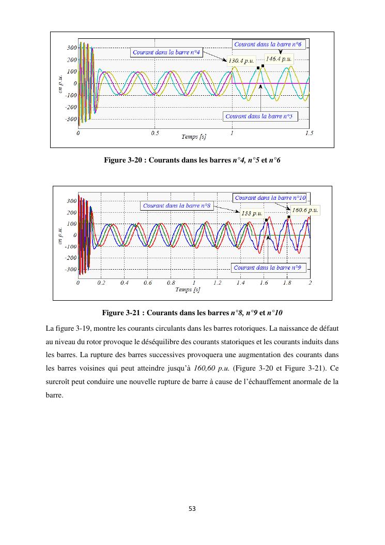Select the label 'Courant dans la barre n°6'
[x=269, y=45]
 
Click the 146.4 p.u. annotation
[x=279, y=58]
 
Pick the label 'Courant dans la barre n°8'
[x=176, y=205]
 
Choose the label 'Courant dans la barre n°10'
[x=270, y=198]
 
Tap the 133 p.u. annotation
[x=252, y=213]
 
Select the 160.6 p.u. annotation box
[x=305, y=210]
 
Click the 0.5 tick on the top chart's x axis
[x=155, y=133]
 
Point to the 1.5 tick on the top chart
[x=309, y=133]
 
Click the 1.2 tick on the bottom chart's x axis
[x=217, y=283]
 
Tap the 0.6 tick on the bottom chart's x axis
[x=148, y=283]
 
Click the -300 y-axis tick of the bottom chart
[x=70, y=269]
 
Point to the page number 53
[x=192, y=509]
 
